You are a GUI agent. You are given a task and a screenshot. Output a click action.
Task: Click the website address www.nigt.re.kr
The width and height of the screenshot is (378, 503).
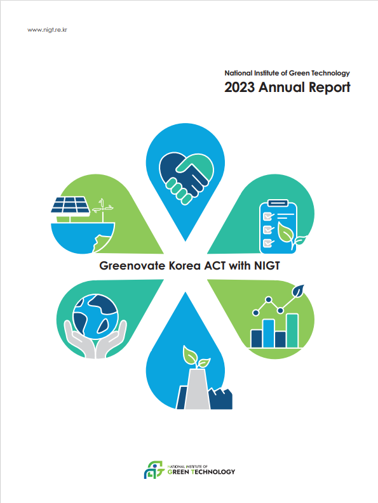[47, 30]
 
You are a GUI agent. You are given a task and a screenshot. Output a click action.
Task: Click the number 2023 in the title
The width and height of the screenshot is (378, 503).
[240, 88]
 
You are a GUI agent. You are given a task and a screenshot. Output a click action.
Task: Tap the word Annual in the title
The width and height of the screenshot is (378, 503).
[282, 88]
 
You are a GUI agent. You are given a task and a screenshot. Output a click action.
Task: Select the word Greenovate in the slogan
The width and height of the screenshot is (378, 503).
[132, 266]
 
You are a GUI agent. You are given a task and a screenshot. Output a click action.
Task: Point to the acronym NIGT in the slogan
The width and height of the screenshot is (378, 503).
[267, 266]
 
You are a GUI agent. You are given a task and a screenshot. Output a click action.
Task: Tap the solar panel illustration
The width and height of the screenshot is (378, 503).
[71, 205]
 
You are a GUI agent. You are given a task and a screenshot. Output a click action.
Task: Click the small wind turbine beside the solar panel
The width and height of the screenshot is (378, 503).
[102, 209]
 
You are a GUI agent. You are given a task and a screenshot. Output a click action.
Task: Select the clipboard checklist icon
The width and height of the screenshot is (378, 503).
[278, 226]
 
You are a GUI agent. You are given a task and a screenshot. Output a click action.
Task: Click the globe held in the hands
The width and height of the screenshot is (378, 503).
[95, 317]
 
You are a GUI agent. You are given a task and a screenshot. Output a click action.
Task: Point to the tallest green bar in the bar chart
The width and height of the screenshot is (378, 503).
[292, 330]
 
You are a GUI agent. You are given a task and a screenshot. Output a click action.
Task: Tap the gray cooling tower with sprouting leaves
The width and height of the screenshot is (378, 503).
[198, 389]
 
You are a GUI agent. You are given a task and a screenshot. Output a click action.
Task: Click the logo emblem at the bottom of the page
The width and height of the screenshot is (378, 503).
[154, 470]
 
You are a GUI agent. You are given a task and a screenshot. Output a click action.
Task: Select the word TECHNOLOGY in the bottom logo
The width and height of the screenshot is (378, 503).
[213, 472]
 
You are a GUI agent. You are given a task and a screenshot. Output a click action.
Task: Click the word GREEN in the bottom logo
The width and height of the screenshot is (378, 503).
[179, 472]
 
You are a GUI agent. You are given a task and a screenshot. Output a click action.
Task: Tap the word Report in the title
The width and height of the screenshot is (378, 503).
[330, 88]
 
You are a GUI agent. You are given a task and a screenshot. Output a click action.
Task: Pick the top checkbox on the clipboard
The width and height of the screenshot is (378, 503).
[267, 216]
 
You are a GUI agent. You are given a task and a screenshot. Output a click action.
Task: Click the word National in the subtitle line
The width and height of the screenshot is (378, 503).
[238, 73]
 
